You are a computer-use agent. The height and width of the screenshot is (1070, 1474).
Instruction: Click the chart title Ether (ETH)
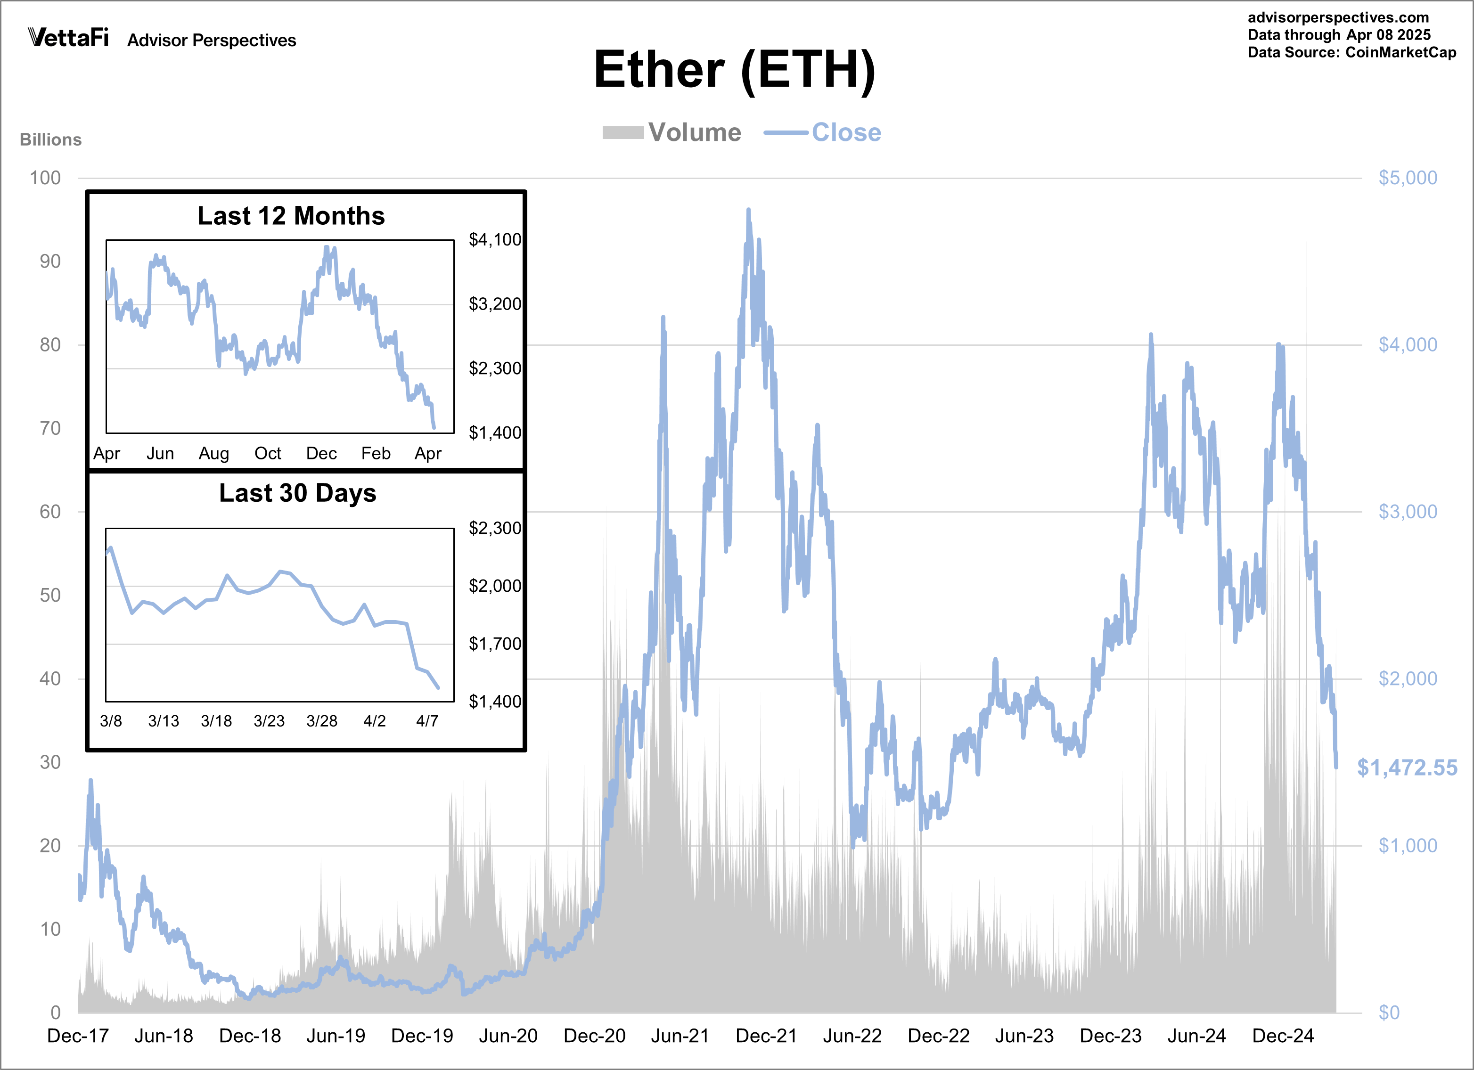734,70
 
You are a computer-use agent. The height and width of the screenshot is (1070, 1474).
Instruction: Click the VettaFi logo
68,38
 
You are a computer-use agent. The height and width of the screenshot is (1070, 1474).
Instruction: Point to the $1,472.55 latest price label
1407,768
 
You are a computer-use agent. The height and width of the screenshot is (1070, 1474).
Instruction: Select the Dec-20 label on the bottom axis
594,1036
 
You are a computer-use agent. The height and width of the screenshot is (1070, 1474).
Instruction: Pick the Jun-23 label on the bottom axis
1024,1036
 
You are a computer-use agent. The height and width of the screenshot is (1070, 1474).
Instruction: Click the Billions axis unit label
51,139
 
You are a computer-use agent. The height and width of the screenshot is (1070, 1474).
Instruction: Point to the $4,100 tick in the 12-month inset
495,240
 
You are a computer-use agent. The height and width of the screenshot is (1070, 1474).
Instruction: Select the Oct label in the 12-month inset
268,453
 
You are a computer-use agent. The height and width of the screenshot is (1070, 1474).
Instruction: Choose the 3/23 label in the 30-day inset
269,721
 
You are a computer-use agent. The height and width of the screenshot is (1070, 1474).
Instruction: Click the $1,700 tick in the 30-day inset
495,644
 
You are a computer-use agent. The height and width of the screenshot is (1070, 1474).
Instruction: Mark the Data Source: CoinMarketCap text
1352,53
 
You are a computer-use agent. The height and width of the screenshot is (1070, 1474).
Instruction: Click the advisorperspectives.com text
1338,17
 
